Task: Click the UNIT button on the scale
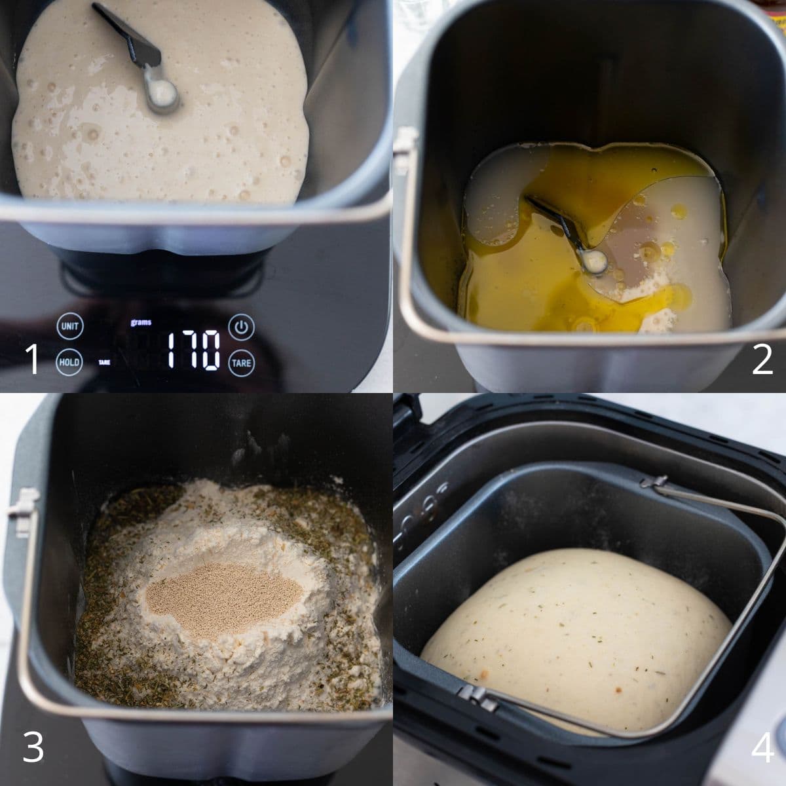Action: tap(69, 326)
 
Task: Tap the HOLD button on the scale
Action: tap(69, 362)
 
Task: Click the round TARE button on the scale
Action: tap(242, 363)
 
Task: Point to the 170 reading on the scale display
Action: tap(194, 350)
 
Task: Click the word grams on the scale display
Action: tap(141, 322)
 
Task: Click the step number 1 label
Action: tap(33, 359)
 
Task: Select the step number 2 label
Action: tap(762, 359)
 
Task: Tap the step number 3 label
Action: tap(33, 747)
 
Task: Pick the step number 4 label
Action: tap(762, 747)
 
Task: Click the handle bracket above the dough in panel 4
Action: tap(654, 483)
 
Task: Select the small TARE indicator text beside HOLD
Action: tap(104, 362)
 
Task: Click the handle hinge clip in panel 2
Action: tap(406, 151)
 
